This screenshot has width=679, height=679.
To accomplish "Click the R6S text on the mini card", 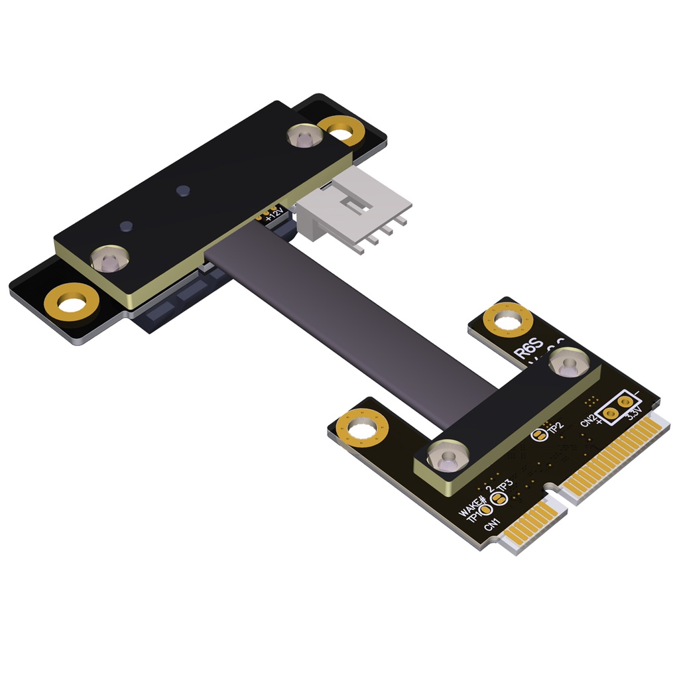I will pos(530,349).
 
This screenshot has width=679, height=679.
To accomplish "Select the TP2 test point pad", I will pos(538,435).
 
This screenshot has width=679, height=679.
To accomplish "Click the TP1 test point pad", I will pos(487,510).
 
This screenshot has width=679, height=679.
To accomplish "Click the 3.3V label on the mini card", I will pos(633,415).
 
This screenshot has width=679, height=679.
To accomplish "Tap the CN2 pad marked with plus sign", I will pos(611,414).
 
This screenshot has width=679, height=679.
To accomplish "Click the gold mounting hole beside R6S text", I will pos(509,322).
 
